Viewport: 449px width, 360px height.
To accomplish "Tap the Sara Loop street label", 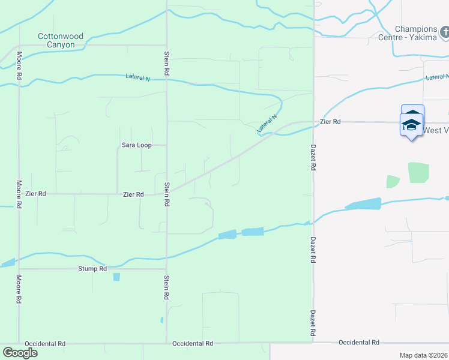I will [x=135, y=145].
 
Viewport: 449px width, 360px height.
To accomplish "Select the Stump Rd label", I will [x=92, y=269].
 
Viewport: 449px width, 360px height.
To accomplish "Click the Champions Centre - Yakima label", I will [x=416, y=33].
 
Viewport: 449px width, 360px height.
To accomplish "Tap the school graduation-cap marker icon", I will [x=412, y=124].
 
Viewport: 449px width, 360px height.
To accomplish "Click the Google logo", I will [x=20, y=352].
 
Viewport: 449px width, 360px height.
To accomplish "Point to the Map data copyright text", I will [x=424, y=355].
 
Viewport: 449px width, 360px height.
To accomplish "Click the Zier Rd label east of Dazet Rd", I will [x=330, y=122].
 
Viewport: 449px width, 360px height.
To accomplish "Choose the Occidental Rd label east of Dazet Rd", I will [x=359, y=343].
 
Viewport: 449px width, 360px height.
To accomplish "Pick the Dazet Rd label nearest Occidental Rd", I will [x=313, y=322].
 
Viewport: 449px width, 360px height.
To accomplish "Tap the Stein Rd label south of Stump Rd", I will [x=166, y=289].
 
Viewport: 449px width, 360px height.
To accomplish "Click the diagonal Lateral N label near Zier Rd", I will [x=267, y=124].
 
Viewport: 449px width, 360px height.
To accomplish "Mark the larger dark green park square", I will [x=418, y=172].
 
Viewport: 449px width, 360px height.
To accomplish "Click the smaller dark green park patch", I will [x=393, y=181].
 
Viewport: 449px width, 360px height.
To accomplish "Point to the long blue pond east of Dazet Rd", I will [x=363, y=205].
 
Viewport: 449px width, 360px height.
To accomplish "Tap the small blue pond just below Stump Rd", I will [x=116, y=277].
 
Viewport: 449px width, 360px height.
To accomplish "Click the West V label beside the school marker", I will [x=436, y=130].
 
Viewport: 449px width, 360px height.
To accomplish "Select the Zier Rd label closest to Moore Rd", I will [x=36, y=194].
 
